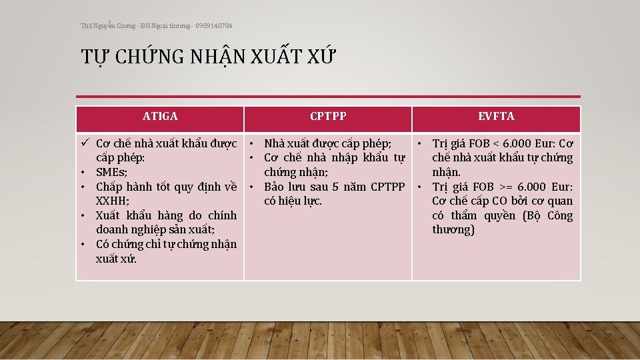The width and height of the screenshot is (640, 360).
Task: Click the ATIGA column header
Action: point(160,117)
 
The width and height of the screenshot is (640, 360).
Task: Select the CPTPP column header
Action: point(328,117)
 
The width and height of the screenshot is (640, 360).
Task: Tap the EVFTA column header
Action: point(496,117)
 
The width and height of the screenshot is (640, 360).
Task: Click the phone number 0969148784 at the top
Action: point(214,25)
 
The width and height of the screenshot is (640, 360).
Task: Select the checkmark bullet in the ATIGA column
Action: point(85,143)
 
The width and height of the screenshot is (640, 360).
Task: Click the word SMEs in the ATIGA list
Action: point(111,172)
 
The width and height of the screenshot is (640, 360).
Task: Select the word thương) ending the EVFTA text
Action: point(453,230)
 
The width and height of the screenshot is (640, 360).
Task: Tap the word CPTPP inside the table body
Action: point(387,187)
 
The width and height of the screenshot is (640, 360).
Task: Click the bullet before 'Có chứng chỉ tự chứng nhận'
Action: point(85,244)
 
